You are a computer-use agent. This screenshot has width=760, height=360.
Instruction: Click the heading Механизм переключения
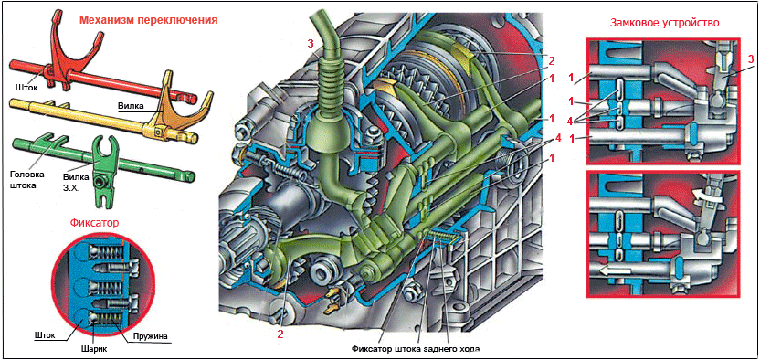pos(148,20)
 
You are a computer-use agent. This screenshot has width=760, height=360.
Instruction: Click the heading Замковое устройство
pos(664,23)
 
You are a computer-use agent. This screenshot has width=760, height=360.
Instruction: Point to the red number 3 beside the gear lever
pos(311,44)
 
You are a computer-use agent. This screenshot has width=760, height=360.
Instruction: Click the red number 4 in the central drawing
pos(558,139)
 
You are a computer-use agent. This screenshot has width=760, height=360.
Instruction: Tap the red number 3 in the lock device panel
pos(750,59)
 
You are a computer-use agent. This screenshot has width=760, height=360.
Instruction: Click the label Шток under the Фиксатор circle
pos(45,334)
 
